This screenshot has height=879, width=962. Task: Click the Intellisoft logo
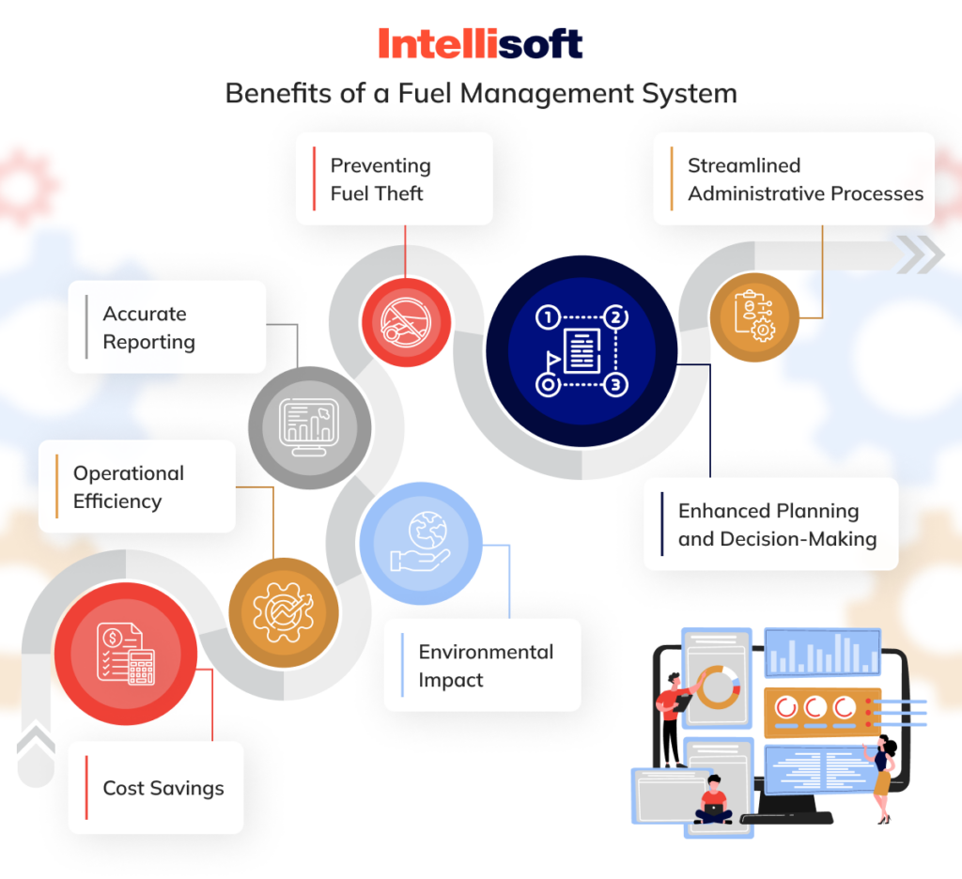(x=480, y=43)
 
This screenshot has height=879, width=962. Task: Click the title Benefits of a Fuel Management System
(x=480, y=94)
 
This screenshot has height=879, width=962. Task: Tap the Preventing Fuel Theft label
(x=380, y=179)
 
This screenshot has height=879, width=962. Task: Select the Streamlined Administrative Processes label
(x=805, y=179)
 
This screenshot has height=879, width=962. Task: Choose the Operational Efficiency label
(x=129, y=487)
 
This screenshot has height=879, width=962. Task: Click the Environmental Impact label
(x=486, y=666)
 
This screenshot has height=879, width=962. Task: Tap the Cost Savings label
(x=163, y=788)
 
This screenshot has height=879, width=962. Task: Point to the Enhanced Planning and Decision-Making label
(x=777, y=525)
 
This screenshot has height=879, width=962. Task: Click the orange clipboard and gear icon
(x=754, y=317)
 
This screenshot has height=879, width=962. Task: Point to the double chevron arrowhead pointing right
(x=920, y=254)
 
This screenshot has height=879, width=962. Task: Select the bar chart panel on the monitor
(x=822, y=653)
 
